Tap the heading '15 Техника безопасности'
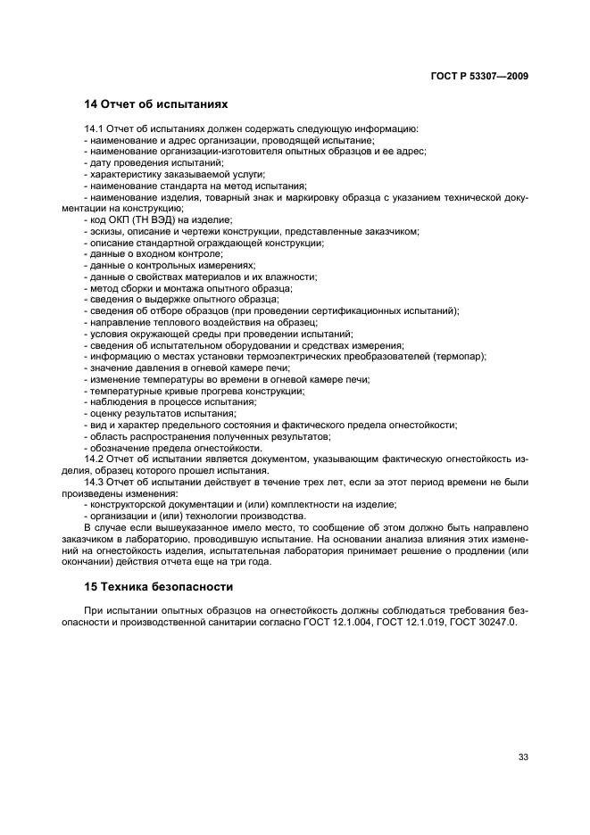[151, 588]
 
